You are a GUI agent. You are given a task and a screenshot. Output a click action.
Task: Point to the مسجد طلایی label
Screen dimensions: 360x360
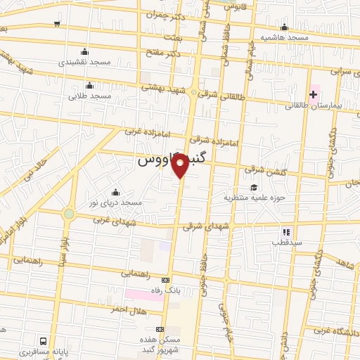[x=90, y=95]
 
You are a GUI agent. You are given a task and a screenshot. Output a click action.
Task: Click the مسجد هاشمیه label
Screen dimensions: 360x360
[x=284, y=36]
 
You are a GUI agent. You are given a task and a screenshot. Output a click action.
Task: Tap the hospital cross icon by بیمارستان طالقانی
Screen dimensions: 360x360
[x=314, y=94]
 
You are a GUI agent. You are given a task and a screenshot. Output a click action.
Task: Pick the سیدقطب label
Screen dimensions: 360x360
[x=285, y=241]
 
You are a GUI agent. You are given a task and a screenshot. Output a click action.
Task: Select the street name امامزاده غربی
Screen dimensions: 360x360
[x=142, y=131]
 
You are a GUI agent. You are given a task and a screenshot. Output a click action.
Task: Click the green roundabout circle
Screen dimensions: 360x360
[x=69, y=214]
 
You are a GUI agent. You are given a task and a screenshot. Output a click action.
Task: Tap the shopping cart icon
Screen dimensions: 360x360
[x=57, y=23]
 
